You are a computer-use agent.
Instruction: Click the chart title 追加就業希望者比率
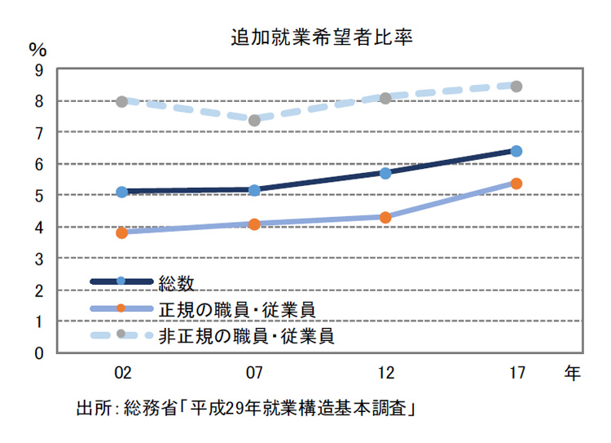click(x=305, y=38)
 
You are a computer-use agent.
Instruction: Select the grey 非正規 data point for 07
click(x=254, y=120)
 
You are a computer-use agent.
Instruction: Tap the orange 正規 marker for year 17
click(x=516, y=184)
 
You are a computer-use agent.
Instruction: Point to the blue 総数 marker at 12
click(x=385, y=173)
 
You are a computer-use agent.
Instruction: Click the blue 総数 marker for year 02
click(x=122, y=192)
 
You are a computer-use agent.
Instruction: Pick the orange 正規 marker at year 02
click(x=122, y=233)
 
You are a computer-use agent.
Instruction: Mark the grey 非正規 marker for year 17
click(x=516, y=86)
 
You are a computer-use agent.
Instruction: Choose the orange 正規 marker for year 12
click(x=385, y=217)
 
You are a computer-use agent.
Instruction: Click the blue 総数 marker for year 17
click(x=516, y=151)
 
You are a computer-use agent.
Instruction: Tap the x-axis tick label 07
click(x=254, y=374)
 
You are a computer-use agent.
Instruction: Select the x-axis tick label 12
click(x=385, y=374)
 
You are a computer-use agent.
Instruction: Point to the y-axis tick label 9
click(x=39, y=70)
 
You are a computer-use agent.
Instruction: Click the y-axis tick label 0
click(x=39, y=354)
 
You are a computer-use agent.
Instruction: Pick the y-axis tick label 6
click(x=39, y=165)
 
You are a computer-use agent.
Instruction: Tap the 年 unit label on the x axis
click(x=572, y=374)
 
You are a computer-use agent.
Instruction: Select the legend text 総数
click(x=177, y=282)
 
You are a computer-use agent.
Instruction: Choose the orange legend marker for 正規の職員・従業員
click(x=121, y=308)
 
